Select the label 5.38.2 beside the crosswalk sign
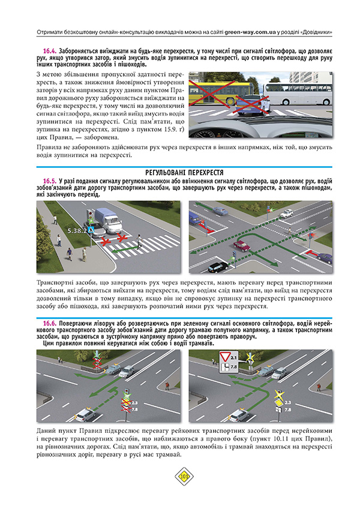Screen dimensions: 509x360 click(x=77, y=230)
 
